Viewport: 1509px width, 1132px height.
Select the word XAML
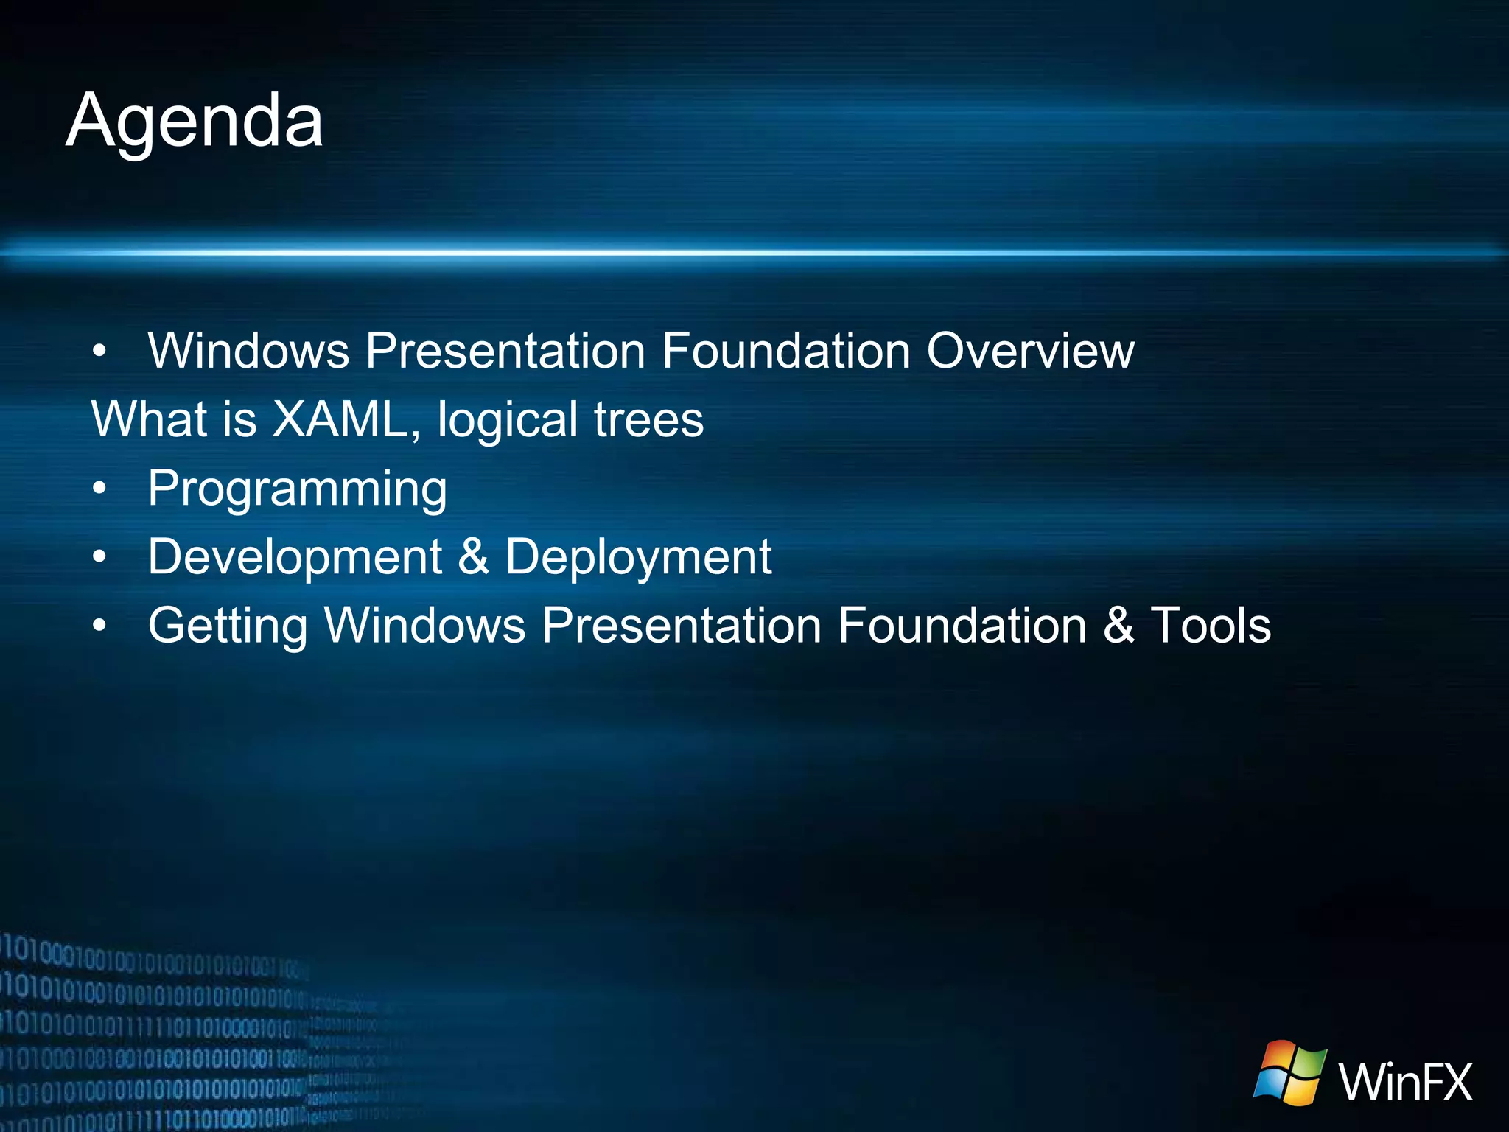(340, 419)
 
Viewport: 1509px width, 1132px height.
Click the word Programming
(297, 489)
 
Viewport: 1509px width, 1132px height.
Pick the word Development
(295, 556)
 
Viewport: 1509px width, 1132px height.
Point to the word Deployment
(638, 556)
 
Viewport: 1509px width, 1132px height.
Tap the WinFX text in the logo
(1405, 1082)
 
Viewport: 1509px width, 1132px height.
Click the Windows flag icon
(1290, 1072)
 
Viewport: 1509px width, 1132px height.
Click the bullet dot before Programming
(99, 488)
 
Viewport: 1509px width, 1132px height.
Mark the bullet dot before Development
(99, 556)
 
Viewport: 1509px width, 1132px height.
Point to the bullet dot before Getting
(99, 625)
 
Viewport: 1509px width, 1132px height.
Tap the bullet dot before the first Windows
(99, 351)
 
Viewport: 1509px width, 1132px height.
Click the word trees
(648, 419)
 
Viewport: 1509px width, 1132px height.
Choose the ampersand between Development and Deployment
(473, 556)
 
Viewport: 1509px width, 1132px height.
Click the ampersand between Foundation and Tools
(1118, 625)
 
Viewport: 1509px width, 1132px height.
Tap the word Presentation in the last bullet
(682, 625)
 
